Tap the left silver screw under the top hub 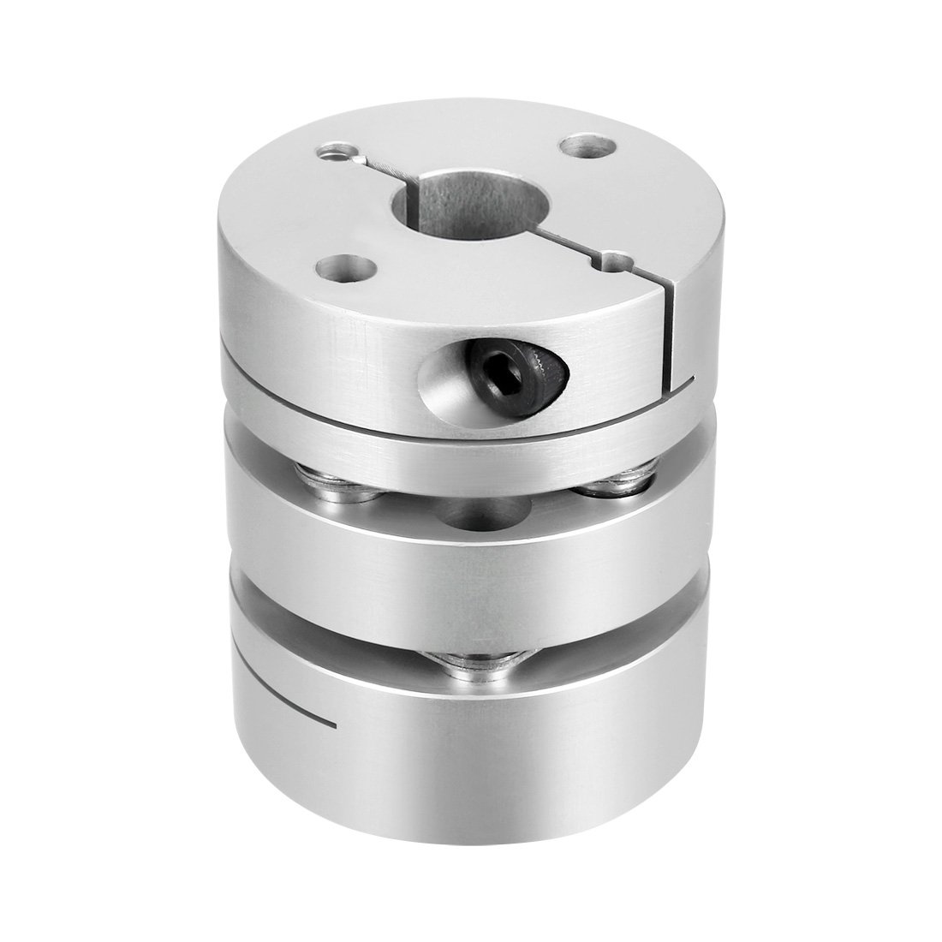(319, 480)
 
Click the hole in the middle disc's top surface (476, 514)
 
